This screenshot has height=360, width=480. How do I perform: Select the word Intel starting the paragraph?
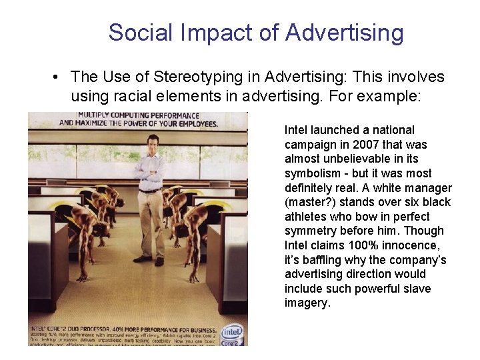click(296, 130)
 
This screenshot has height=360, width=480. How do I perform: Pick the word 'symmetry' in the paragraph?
click(308, 231)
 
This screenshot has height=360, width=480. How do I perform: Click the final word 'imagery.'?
click(307, 303)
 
